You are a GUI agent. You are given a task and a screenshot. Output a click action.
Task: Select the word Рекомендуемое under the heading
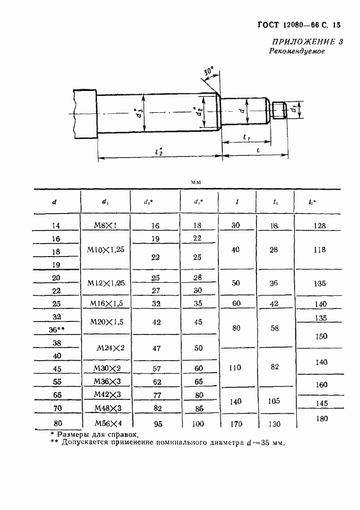coord(297,52)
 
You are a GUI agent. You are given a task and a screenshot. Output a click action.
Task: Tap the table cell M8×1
coord(106,224)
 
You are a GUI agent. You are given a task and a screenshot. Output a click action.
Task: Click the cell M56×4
coord(106,423)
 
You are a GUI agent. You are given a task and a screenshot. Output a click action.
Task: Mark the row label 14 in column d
coord(56,224)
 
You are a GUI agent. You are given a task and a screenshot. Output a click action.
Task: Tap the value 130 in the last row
coord(274,423)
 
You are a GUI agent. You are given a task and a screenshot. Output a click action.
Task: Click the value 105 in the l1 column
coord(274,401)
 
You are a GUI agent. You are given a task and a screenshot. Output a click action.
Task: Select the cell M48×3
coord(106,408)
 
